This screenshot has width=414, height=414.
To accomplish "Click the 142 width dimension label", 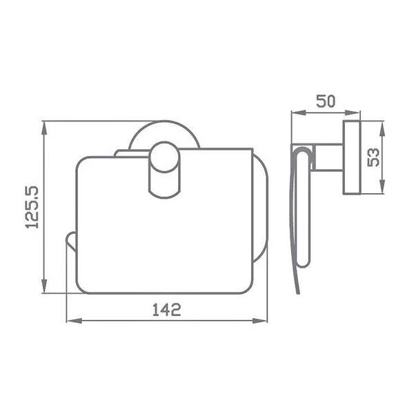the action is tap(167, 310).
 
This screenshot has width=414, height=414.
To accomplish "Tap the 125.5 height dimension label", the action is tap(32, 207).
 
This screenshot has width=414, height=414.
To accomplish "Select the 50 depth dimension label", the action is tap(326, 101).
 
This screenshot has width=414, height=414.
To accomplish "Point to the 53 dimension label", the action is tap(373, 157).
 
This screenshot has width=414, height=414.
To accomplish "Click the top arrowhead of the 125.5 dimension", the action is tap(44, 128).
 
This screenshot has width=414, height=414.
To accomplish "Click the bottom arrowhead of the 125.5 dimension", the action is tap(44, 286).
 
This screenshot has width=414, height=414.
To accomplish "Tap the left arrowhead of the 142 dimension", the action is tap(75, 321).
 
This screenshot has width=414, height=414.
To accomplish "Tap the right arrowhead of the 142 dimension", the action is tap(260, 321).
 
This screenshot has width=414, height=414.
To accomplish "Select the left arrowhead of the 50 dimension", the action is tap(298, 112).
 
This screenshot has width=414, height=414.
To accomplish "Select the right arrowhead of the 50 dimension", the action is tap(352, 112).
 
